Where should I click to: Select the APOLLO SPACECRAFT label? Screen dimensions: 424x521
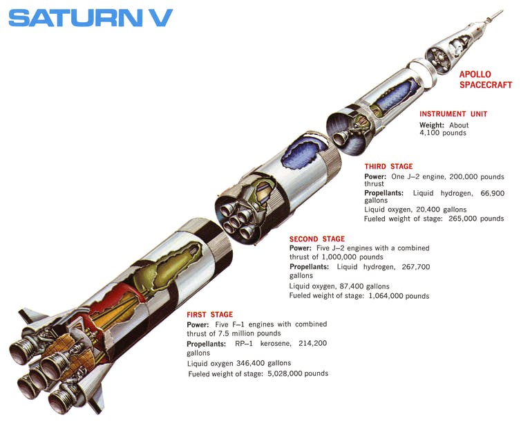click(486, 80)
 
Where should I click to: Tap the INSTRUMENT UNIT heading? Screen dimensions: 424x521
click(453, 114)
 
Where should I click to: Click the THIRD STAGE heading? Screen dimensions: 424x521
click(388, 167)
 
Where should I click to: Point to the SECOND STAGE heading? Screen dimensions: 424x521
click(316, 239)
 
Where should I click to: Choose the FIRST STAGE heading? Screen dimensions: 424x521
click(209, 315)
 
